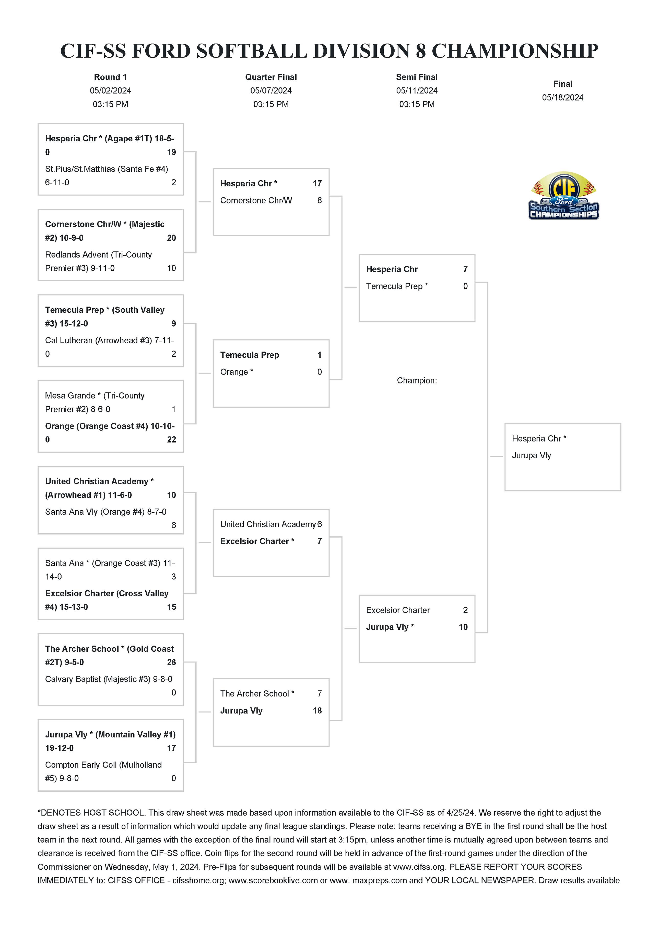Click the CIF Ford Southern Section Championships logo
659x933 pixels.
point(563,196)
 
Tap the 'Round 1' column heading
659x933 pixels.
point(110,77)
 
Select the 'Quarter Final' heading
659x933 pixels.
point(271,77)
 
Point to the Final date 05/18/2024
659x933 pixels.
point(562,97)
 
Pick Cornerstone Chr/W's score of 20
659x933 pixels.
point(171,238)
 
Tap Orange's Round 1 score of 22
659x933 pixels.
point(171,439)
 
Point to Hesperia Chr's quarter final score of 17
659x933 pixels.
point(317,183)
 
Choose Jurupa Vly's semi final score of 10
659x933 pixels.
point(463,627)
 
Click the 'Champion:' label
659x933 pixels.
point(417,380)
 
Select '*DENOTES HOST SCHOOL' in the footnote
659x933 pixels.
point(90,813)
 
